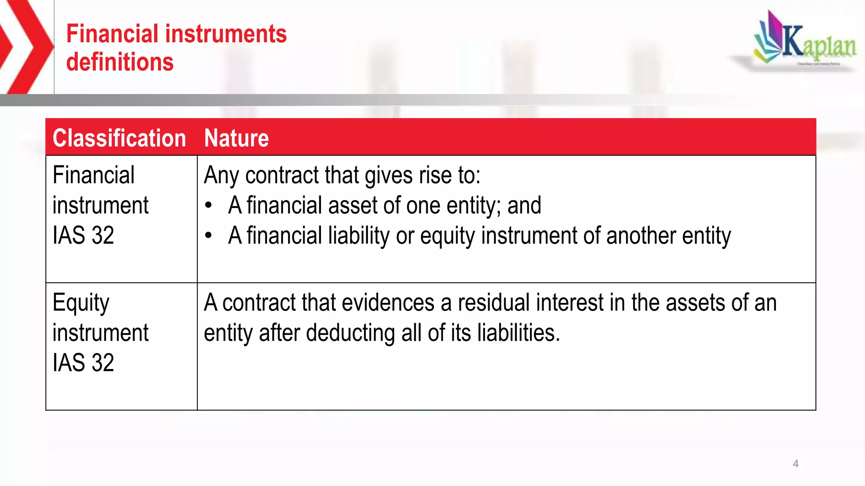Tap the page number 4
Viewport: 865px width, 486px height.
pos(795,464)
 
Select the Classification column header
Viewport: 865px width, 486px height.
pos(119,138)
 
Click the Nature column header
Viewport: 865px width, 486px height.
pos(236,138)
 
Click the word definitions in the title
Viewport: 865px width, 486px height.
pos(120,62)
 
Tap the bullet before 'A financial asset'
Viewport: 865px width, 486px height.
pos(208,206)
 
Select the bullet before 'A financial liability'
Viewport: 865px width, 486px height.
pos(208,236)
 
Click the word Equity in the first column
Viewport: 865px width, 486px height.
pos(81,303)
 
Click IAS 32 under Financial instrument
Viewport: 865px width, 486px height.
pos(83,235)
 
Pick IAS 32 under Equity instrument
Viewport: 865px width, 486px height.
pos(83,363)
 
